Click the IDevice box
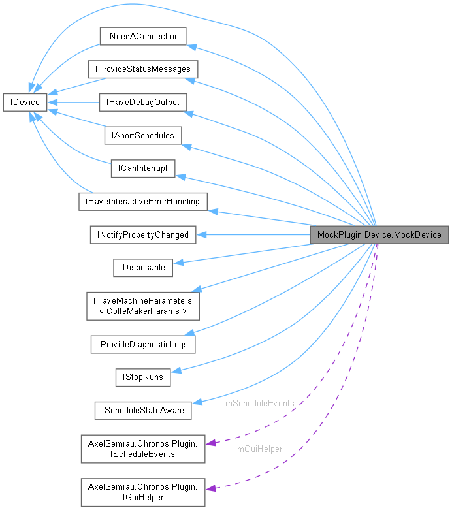24,103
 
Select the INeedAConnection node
142,36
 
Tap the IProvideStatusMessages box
143,69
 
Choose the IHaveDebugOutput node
142,103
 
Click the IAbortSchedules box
142,135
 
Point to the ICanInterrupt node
142,168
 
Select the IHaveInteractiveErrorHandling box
142,201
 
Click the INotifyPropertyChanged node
142,234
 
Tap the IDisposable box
142,267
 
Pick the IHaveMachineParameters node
142,306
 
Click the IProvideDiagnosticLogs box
142,343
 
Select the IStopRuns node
142,377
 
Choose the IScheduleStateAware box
142,410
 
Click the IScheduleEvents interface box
142,448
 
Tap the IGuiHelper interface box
142,492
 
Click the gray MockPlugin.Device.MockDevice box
379,234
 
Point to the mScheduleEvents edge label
259,404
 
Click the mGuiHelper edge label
259,449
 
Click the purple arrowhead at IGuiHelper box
210,487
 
